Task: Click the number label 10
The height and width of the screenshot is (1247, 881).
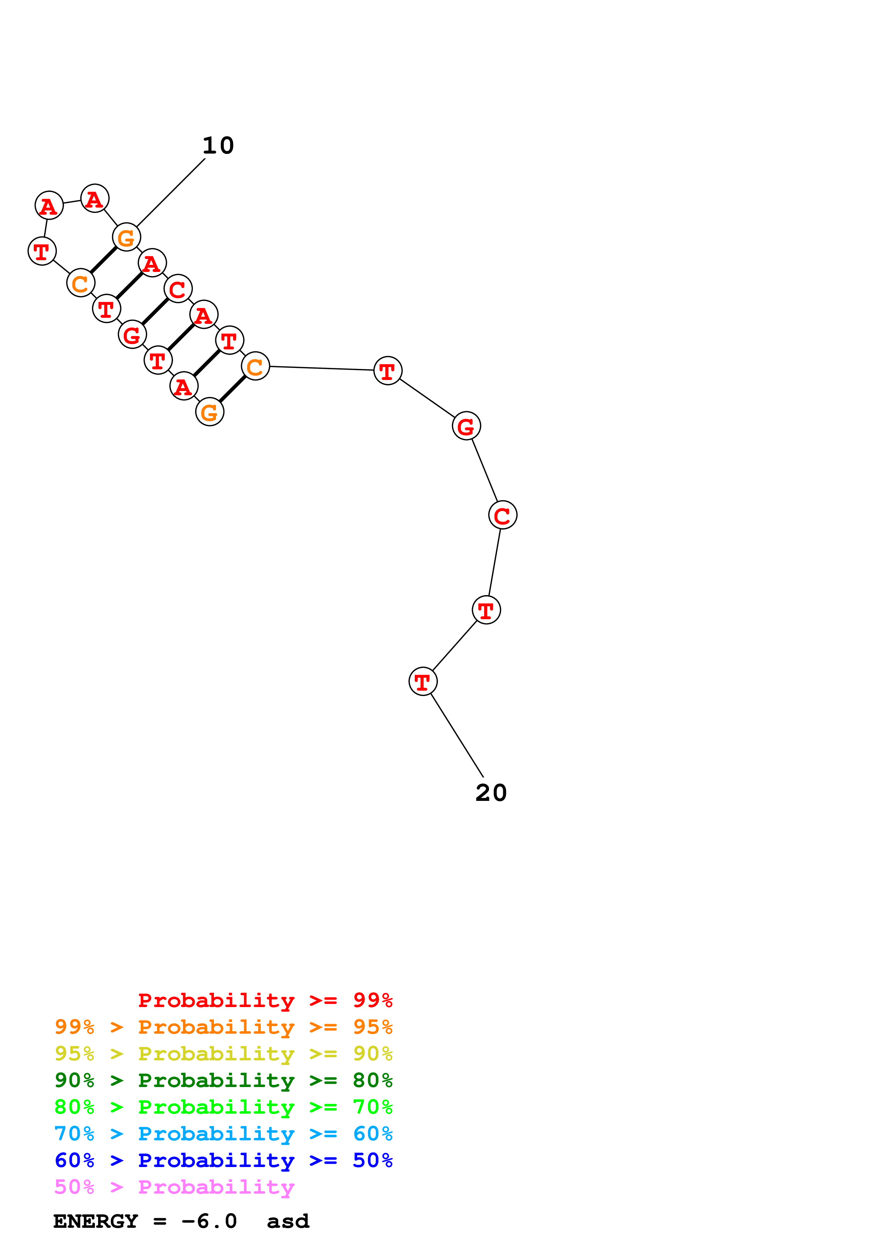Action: (218, 145)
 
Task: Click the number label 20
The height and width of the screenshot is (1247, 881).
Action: (491, 793)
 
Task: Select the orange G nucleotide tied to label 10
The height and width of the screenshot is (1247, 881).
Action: (127, 237)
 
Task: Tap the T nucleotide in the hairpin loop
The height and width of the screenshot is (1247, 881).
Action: (42, 251)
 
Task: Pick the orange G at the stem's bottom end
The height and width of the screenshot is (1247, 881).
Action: (210, 412)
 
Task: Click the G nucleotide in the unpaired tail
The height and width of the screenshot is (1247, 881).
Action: (466, 426)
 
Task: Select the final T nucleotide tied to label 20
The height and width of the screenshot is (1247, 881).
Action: (423, 681)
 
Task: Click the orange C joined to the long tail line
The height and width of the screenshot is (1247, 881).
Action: (255, 366)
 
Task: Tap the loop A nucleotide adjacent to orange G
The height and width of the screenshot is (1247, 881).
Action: (95, 199)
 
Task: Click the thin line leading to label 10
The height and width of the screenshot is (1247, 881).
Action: (171, 192)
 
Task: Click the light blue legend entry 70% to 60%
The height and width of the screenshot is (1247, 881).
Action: (223, 1134)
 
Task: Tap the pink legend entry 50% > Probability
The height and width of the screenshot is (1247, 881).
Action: (174, 1187)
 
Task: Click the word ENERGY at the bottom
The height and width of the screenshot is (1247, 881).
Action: (96, 1221)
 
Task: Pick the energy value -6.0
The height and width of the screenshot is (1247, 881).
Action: (209, 1221)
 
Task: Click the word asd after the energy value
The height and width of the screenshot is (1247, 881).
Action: (288, 1221)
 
